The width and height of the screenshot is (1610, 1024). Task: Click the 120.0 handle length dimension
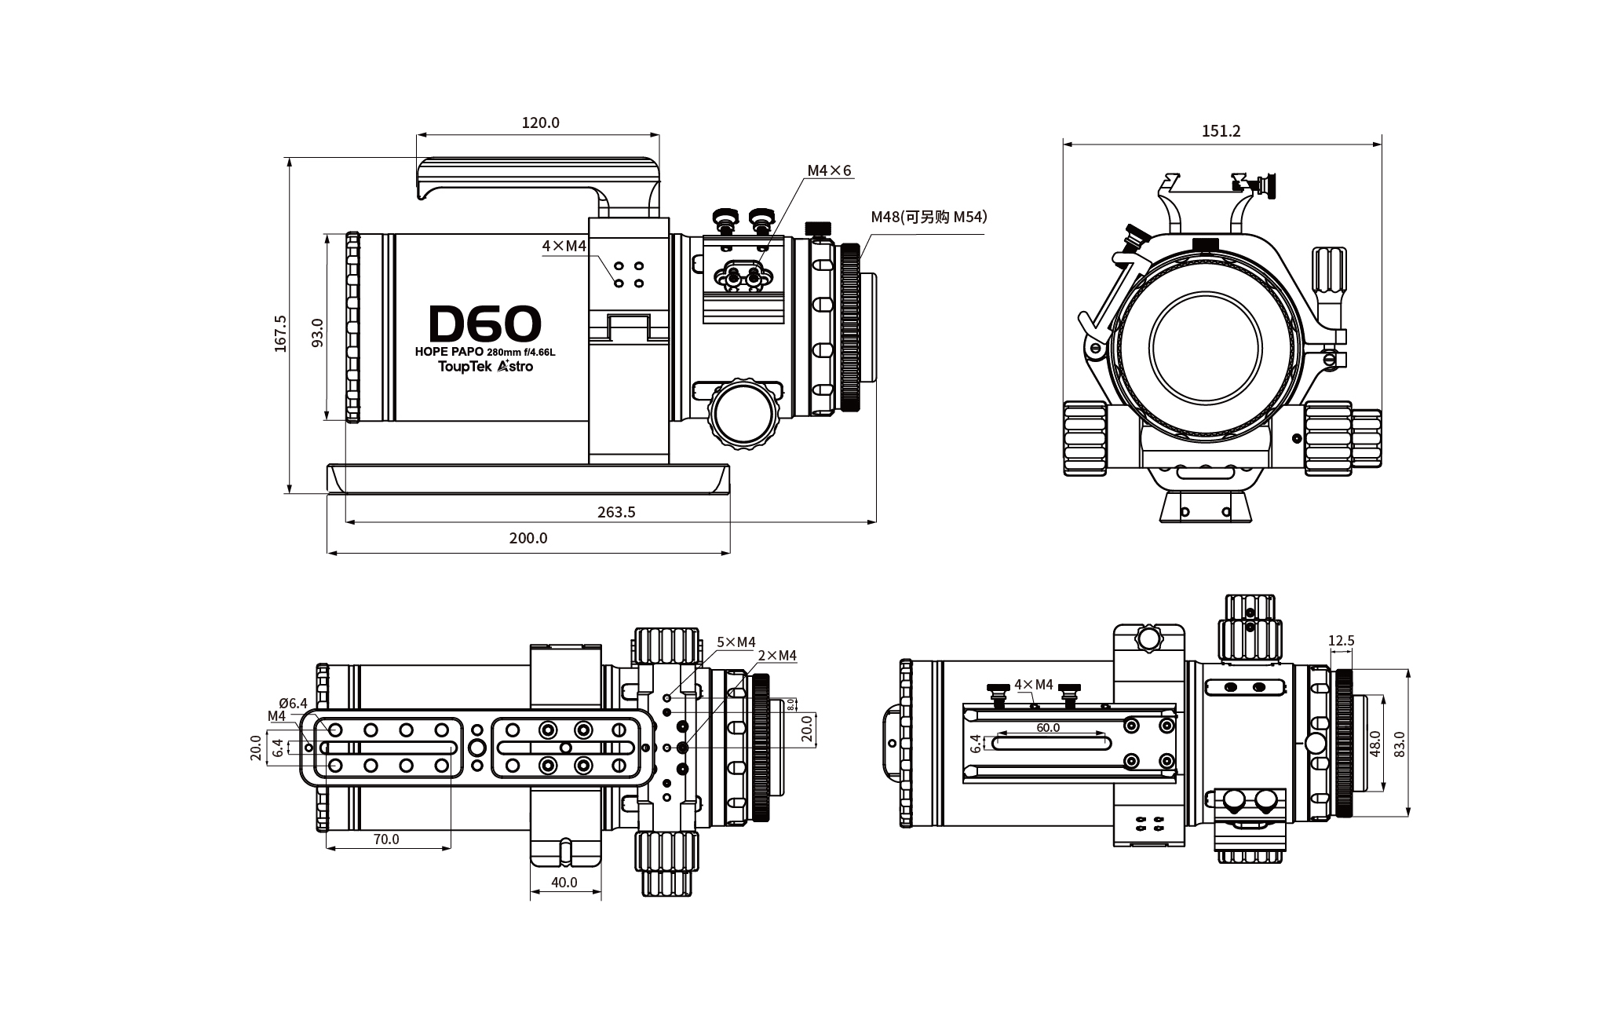(x=540, y=123)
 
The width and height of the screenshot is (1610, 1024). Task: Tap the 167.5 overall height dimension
(x=281, y=333)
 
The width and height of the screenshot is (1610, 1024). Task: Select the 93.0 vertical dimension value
(x=317, y=333)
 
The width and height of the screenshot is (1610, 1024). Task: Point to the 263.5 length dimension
(x=616, y=512)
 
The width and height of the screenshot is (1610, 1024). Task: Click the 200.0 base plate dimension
(x=528, y=538)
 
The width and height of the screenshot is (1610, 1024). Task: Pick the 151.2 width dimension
(x=1221, y=131)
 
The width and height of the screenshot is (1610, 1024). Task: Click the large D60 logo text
(x=485, y=323)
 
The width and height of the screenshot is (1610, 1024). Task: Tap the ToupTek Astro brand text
(x=485, y=366)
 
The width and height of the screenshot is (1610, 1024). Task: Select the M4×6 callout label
(x=829, y=170)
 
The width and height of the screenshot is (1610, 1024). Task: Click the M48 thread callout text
(x=928, y=217)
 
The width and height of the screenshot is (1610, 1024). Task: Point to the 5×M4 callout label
(x=736, y=642)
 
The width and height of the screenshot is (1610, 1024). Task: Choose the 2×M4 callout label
(x=776, y=656)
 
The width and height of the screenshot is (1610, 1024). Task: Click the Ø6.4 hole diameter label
(x=293, y=703)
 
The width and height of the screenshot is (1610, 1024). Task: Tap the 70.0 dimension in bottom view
(x=386, y=839)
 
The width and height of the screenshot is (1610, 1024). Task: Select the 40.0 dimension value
(x=564, y=882)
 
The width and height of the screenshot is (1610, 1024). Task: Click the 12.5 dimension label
(x=1341, y=641)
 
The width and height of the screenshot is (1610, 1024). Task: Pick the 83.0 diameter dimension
(x=1399, y=743)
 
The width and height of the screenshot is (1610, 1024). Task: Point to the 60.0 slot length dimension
(x=1048, y=727)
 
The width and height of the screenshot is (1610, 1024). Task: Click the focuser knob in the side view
(x=742, y=413)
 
